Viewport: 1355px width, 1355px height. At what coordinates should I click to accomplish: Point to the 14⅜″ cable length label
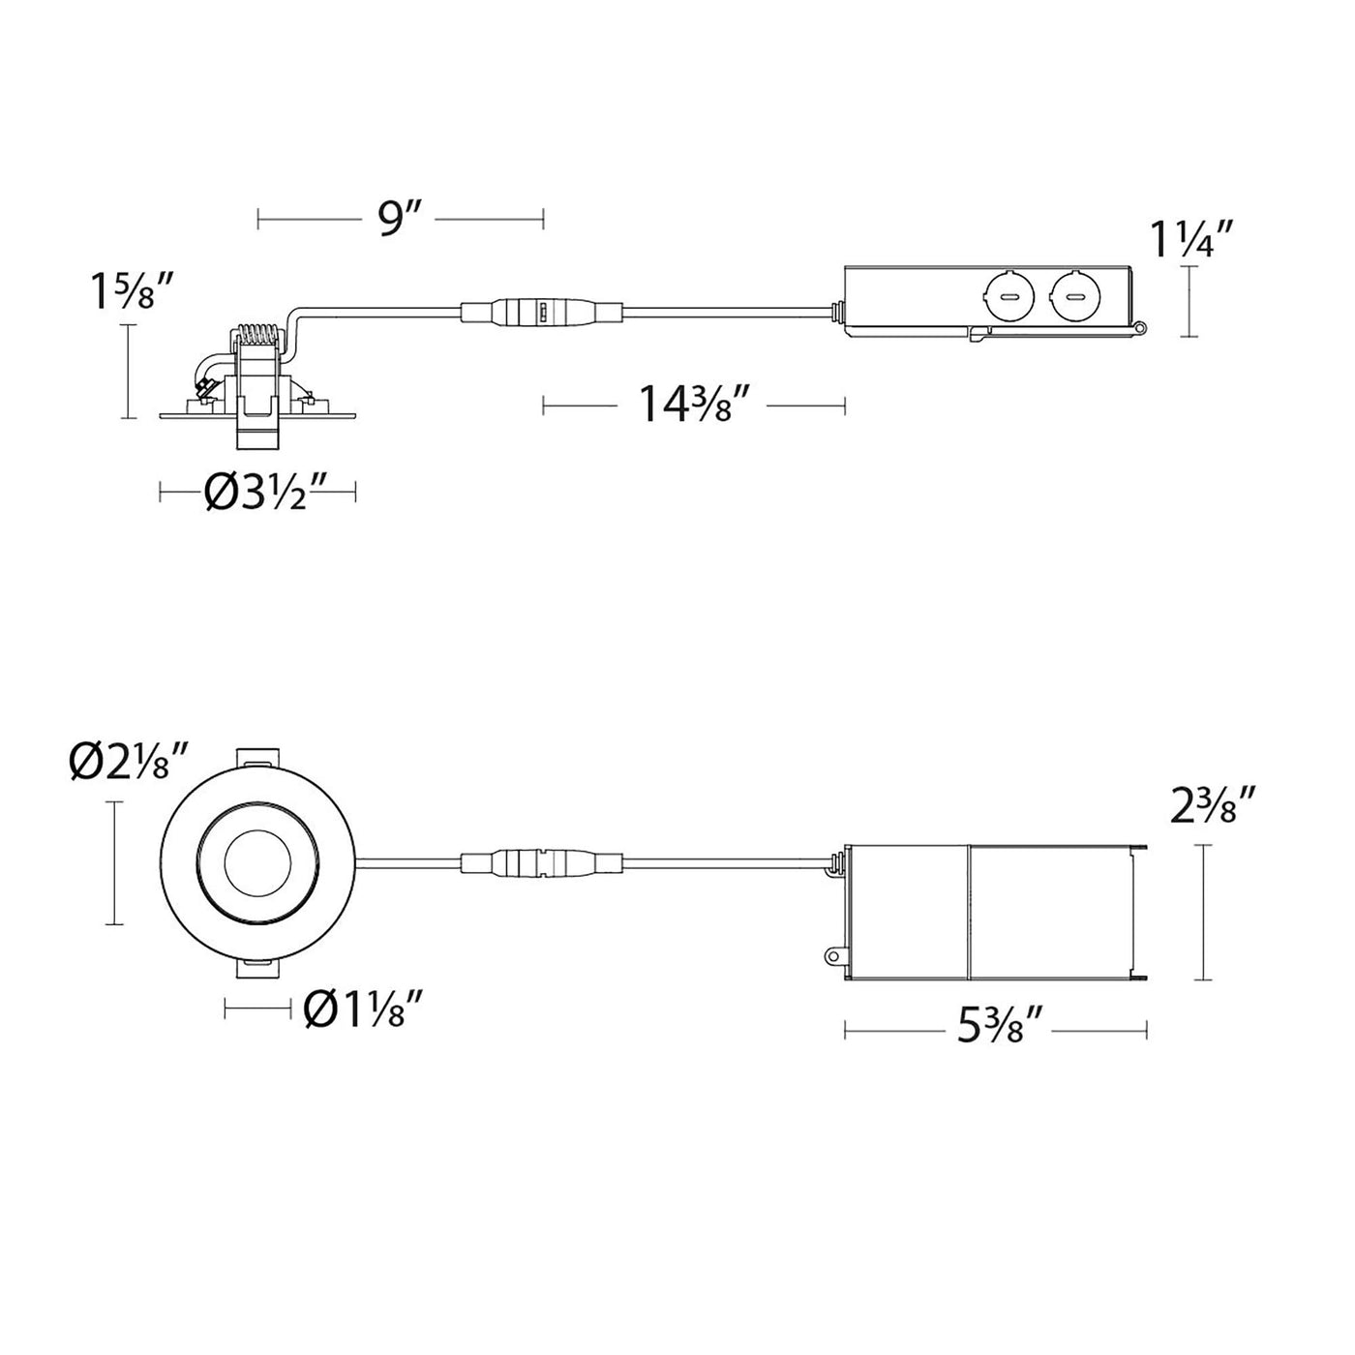point(691,406)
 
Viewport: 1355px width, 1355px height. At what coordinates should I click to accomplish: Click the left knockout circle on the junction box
point(1011,297)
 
